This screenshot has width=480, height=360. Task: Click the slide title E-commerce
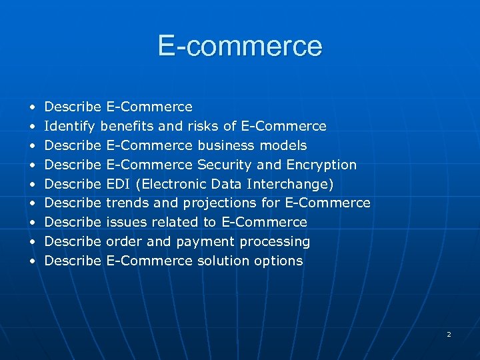[240, 46]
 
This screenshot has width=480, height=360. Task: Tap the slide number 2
[449, 334]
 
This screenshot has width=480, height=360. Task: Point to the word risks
[204, 127]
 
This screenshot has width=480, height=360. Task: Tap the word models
[283, 145]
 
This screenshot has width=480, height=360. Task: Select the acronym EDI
[119, 184]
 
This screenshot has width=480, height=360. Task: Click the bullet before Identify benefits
[31, 127]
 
